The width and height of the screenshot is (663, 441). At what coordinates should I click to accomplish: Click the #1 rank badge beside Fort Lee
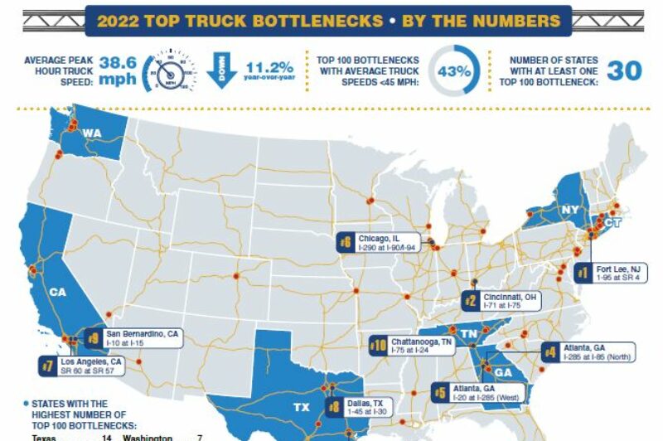(583, 274)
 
